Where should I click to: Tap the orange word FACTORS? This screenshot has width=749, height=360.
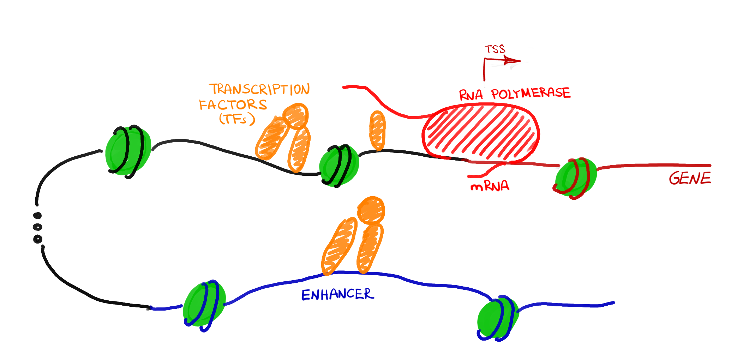[233, 105]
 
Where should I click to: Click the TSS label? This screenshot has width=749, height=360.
[495, 49]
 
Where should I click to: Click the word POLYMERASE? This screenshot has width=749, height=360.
[531, 93]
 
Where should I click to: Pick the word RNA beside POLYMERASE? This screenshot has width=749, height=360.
[471, 95]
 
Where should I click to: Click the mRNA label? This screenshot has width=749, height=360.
[490, 186]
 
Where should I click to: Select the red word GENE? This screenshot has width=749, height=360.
[690, 178]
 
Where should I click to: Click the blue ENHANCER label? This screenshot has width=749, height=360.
[337, 294]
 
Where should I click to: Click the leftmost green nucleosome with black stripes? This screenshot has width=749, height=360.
[128, 151]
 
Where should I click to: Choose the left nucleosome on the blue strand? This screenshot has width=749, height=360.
[204, 305]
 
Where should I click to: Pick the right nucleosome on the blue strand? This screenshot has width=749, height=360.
[498, 318]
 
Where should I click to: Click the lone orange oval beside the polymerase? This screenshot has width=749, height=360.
[377, 130]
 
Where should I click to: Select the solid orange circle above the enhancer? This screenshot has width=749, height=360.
[371, 210]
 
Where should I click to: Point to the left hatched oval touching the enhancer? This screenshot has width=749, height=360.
[338, 246]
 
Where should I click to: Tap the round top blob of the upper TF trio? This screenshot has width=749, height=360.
[296, 115]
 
